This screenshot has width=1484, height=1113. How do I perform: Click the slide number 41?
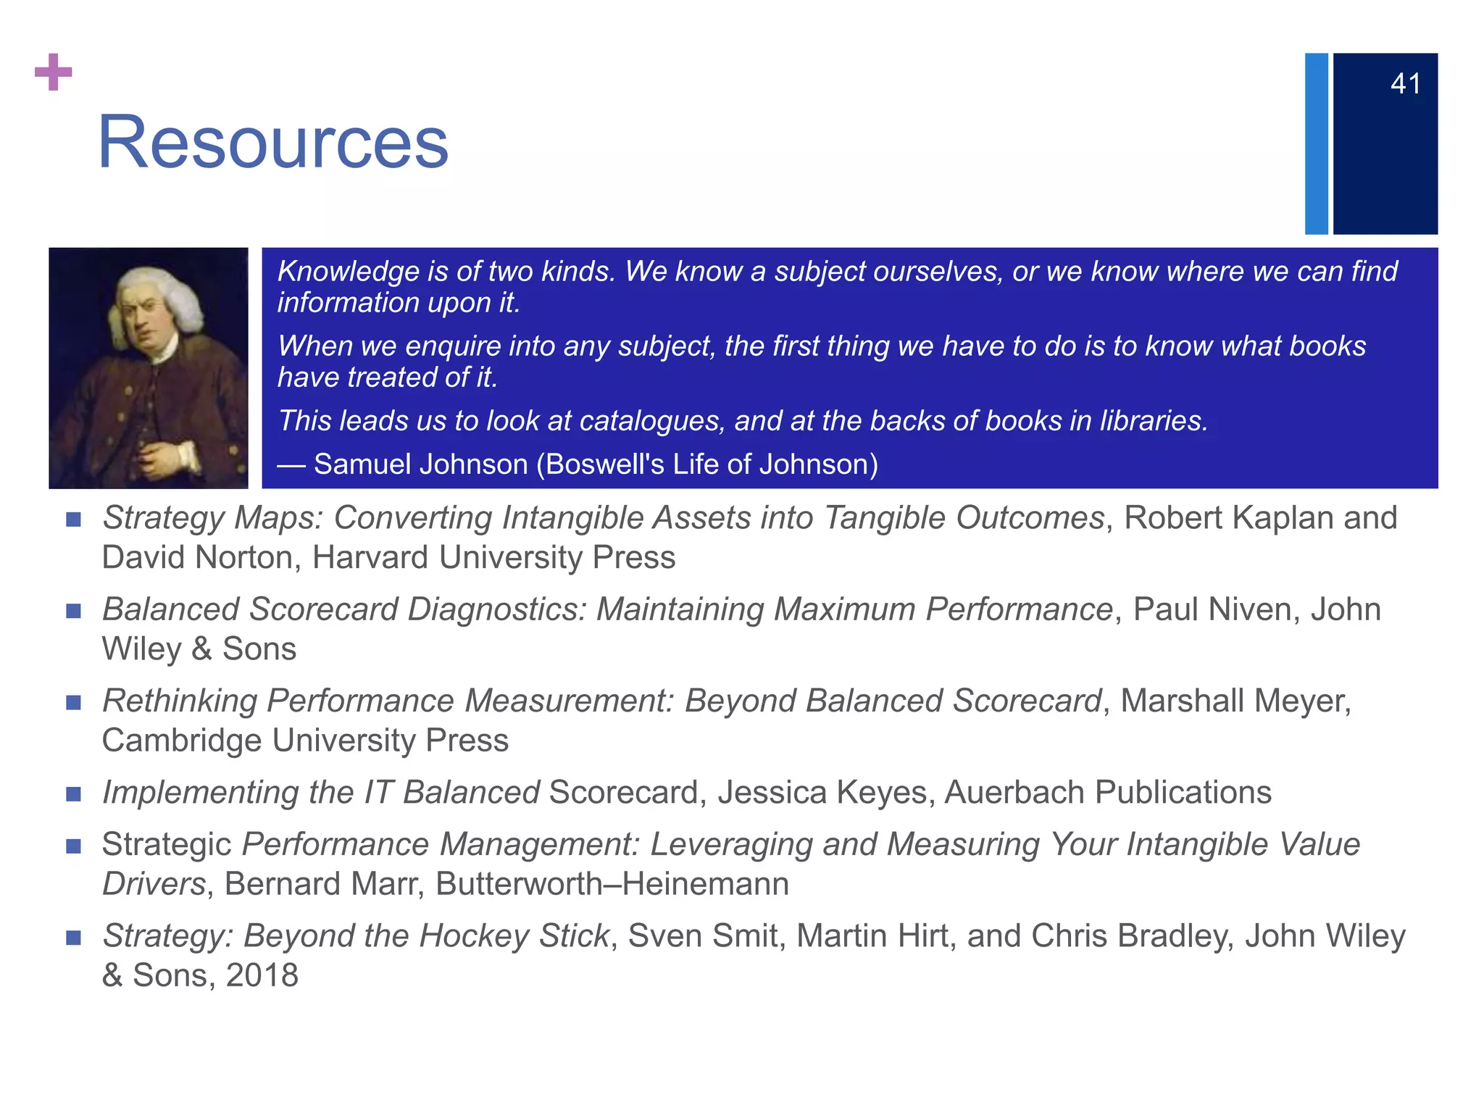[x=1405, y=84]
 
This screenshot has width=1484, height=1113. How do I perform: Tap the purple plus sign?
[x=54, y=72]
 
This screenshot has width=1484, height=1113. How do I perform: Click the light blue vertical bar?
[x=1316, y=143]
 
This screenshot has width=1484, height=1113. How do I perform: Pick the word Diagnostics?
[x=497, y=609]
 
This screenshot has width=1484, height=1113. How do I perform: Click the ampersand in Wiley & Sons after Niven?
[x=201, y=649]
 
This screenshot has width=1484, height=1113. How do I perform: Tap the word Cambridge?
[x=183, y=741]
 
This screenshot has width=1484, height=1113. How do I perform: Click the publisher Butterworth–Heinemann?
[x=612, y=884]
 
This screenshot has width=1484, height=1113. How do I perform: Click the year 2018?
[x=262, y=975]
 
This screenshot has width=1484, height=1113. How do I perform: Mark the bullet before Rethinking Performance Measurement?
[x=73, y=702]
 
